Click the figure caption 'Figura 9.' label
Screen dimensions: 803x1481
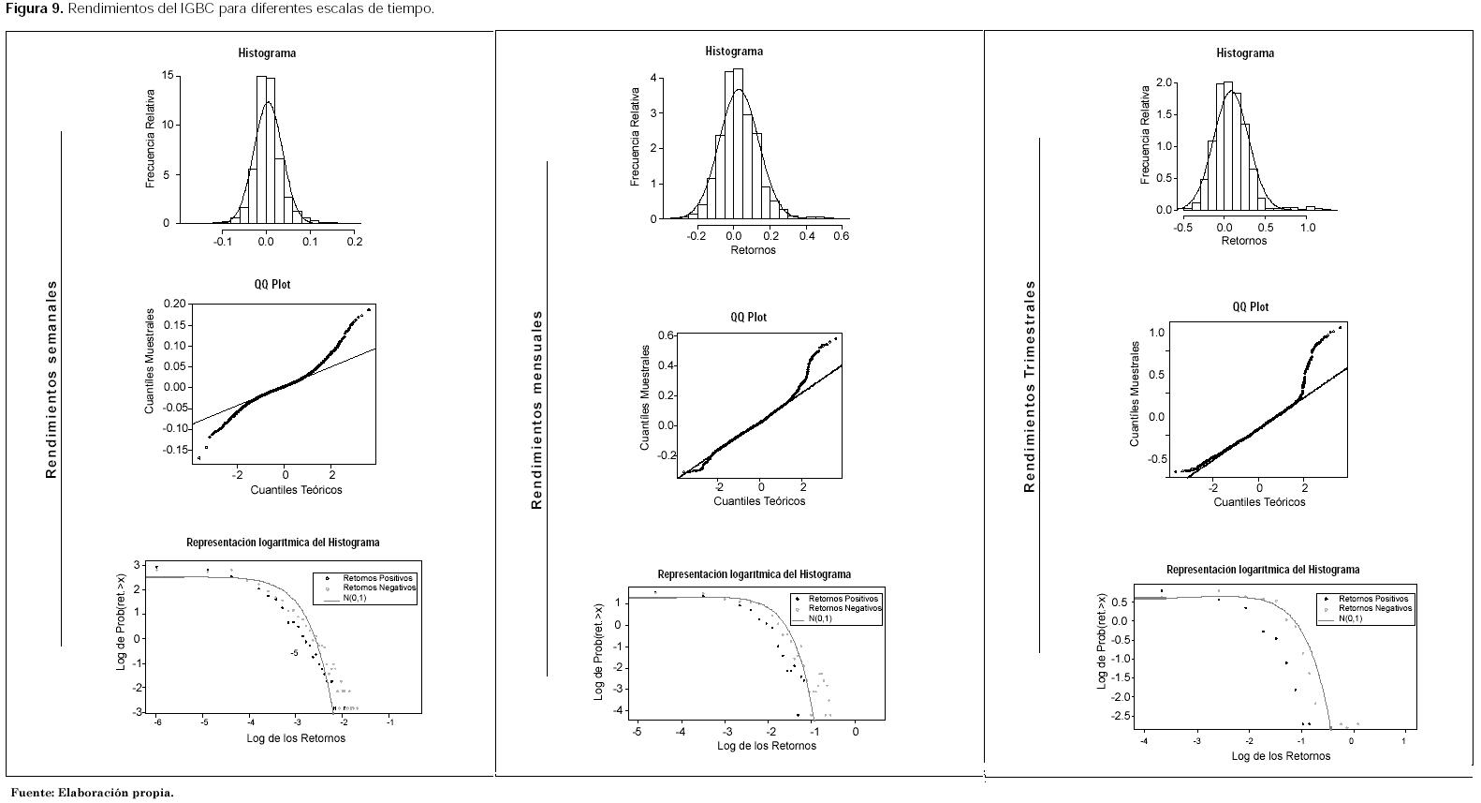coord(32,9)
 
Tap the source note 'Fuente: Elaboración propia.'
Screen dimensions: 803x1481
coord(92,793)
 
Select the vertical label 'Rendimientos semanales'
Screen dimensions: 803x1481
coord(51,379)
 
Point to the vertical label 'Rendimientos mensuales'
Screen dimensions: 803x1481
coord(536,409)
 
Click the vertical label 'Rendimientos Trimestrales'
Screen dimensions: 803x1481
coord(1030,386)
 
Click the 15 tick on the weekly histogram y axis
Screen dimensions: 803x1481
coord(166,76)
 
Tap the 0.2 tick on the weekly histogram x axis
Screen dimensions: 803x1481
coord(354,242)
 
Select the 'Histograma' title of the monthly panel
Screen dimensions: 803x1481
coord(734,52)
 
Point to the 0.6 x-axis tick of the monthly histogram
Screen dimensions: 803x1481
coord(841,237)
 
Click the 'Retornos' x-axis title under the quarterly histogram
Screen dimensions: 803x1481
coord(1243,241)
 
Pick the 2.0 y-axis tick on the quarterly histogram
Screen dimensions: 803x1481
coord(1164,82)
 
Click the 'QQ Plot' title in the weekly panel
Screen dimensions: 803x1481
coord(272,285)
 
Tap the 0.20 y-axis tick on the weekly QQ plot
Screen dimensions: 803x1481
coord(174,305)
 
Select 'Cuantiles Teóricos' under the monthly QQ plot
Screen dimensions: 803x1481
coord(759,501)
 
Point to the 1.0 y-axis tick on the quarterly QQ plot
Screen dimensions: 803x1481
coord(1156,333)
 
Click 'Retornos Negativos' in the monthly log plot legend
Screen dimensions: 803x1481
coord(843,608)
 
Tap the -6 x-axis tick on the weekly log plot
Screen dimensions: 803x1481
coord(157,722)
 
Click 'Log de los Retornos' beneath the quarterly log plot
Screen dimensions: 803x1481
coord(1280,756)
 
